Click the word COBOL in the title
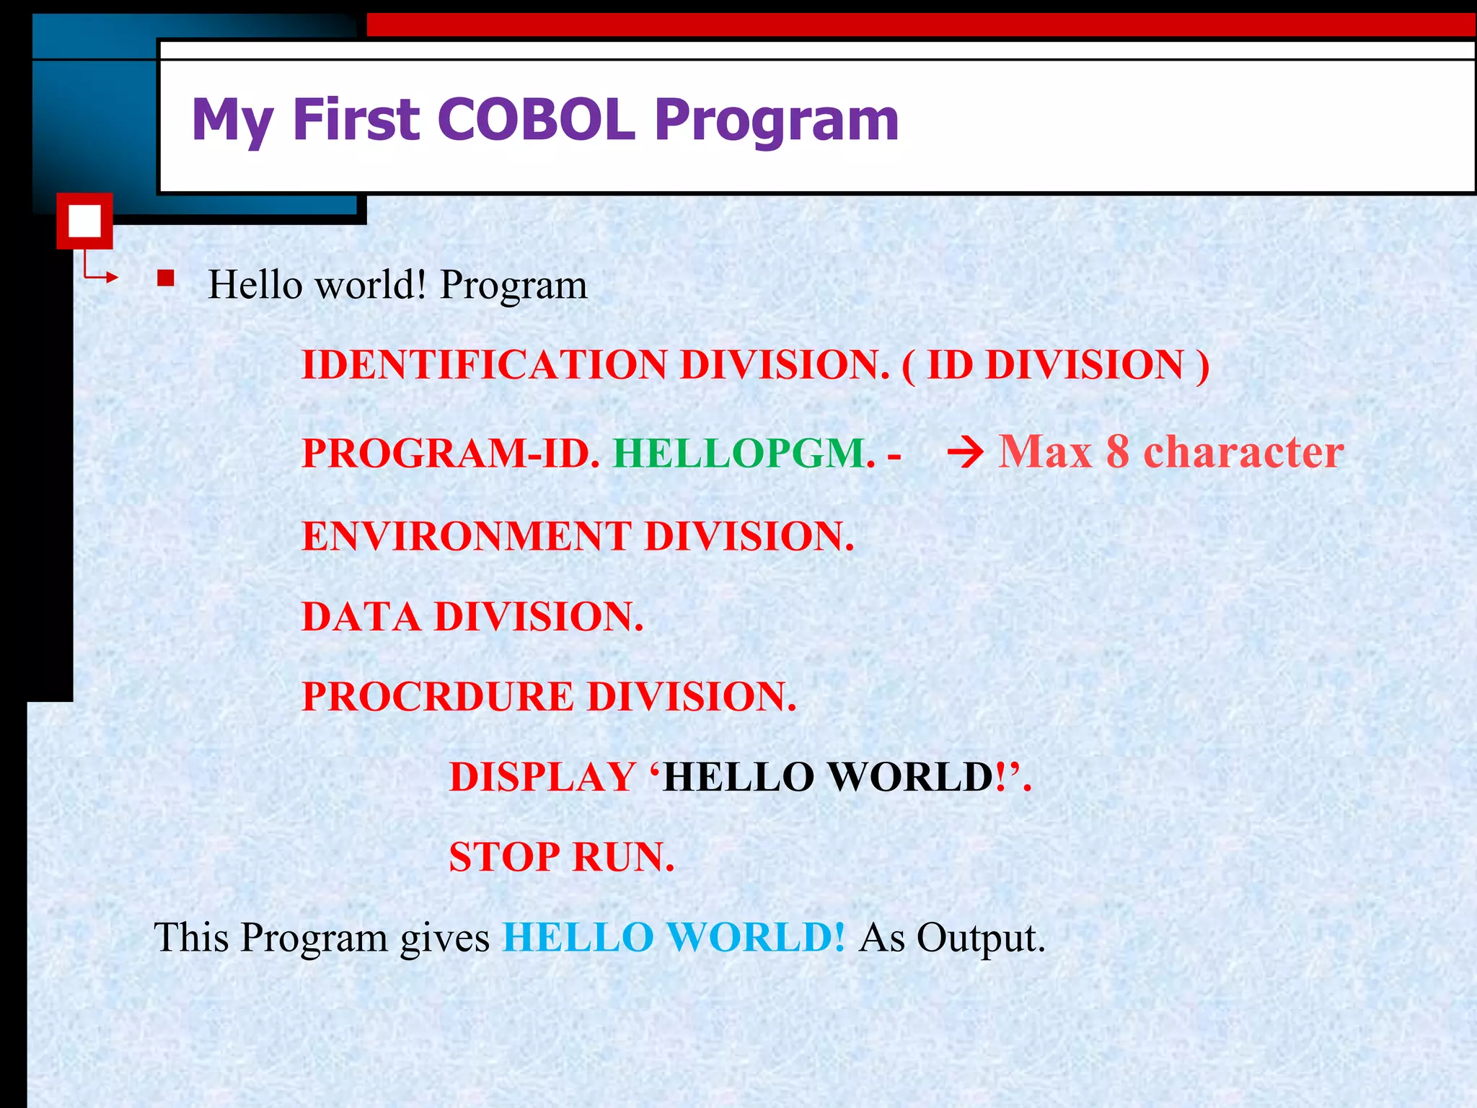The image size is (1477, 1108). pyautogui.click(x=536, y=119)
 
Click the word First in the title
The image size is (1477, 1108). pyautogui.click(x=356, y=119)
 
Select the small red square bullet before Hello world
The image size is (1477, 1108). pyautogui.click(x=166, y=278)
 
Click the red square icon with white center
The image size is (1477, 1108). pyautogui.click(x=84, y=221)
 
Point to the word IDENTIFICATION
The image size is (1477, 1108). pyautogui.click(x=484, y=364)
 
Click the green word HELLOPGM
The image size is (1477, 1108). pyautogui.click(x=744, y=453)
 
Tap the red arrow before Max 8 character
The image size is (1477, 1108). pyautogui.click(x=965, y=454)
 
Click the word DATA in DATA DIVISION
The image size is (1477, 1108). pyautogui.click(x=361, y=617)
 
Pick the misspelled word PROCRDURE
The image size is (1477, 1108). pyautogui.click(x=438, y=697)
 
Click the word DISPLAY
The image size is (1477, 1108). pyautogui.click(x=542, y=778)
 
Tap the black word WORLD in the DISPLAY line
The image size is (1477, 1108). pyautogui.click(x=911, y=778)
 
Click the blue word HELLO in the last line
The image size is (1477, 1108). pyautogui.click(x=578, y=938)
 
